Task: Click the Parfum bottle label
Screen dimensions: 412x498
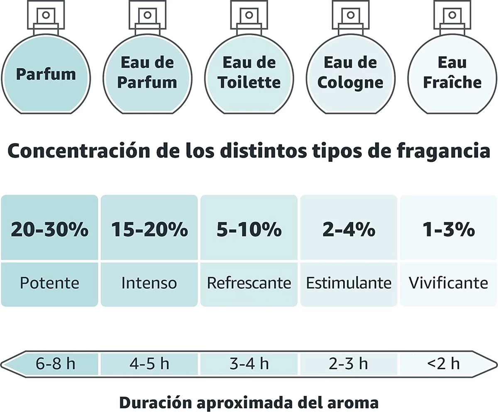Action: point(46,74)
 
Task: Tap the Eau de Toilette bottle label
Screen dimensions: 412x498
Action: point(249,73)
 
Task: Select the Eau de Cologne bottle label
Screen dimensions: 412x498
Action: point(350,73)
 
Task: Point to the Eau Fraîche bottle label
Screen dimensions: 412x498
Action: point(452,73)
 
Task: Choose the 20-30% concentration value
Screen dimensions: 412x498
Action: point(49,229)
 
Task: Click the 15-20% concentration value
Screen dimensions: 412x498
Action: point(149,229)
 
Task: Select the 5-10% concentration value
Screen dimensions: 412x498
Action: point(249,229)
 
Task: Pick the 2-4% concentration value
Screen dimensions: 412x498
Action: point(349,229)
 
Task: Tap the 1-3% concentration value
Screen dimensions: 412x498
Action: point(448,229)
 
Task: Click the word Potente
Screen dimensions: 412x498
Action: point(49,283)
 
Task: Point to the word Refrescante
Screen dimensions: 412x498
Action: point(249,283)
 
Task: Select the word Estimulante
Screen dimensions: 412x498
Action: point(349,283)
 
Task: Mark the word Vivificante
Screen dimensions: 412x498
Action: point(448,283)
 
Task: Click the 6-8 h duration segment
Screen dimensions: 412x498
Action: point(54,364)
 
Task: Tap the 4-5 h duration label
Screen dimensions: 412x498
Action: point(149,364)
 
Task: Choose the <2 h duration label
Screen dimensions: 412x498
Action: point(443,364)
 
